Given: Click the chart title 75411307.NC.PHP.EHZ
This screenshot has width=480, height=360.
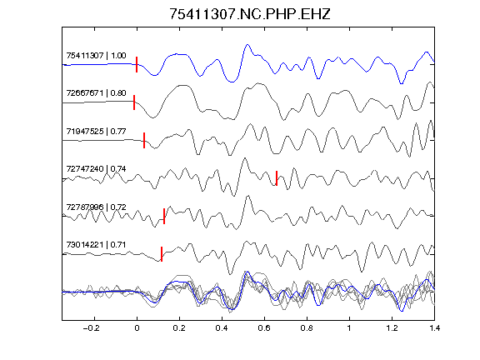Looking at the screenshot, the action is [250, 14].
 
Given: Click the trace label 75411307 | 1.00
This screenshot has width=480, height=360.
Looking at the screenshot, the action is [96, 56].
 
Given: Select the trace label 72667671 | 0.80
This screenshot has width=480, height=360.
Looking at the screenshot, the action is [96, 93].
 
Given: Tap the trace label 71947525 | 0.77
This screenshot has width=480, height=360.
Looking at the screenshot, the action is [96, 132].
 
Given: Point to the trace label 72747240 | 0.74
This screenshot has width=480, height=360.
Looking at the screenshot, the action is [96, 169].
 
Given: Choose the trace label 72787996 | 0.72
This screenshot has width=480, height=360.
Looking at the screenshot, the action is [96, 207].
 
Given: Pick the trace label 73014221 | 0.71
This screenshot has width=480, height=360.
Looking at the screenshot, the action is [96, 245].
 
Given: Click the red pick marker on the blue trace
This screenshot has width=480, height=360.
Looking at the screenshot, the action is [137, 65].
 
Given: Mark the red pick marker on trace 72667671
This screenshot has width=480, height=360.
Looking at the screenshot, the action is [134, 102].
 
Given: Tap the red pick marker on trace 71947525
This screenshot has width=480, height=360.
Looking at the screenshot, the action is [144, 140].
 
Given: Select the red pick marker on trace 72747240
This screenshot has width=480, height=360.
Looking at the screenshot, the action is [277, 178].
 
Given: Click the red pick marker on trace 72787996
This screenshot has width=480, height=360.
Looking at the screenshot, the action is [164, 216].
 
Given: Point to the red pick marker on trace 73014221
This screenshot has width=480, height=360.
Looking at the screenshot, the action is [162, 254].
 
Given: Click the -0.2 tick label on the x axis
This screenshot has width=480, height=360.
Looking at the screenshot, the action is [91, 328].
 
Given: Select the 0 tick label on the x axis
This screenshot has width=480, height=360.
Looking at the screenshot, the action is [137, 328].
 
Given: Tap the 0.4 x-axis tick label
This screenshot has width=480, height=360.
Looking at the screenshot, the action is [222, 328].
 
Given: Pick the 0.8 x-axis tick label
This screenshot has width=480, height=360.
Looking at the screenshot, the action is [307, 328].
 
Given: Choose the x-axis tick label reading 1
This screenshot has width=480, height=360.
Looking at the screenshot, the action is [349, 328].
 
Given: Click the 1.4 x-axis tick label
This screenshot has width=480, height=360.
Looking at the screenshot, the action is [434, 328].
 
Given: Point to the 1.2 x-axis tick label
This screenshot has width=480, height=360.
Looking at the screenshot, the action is [392, 328].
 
